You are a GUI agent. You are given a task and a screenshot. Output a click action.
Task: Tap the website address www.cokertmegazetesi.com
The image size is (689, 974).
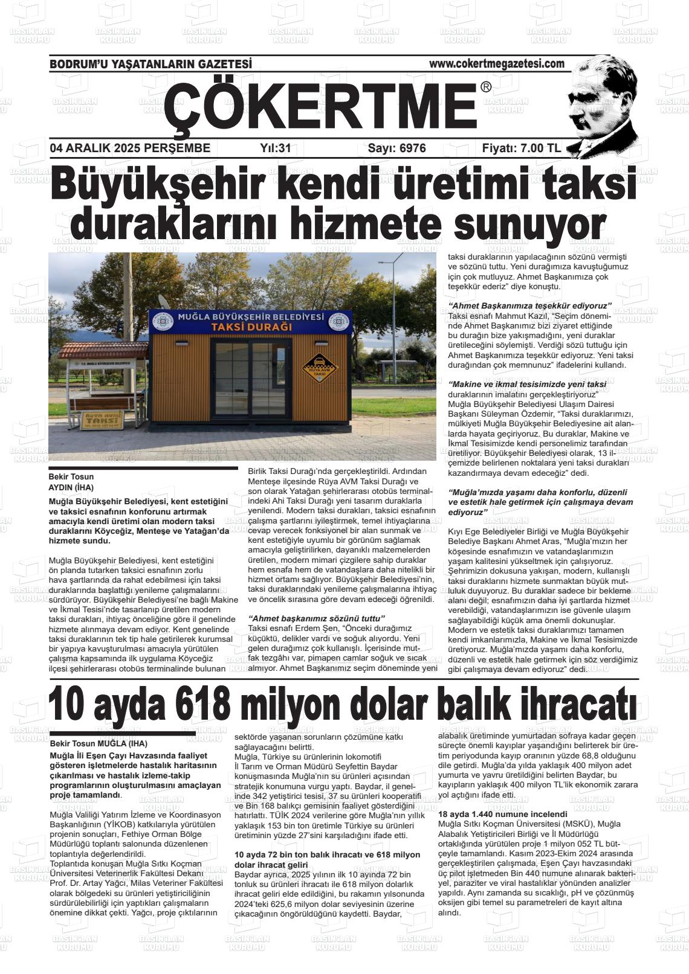coord(496,63)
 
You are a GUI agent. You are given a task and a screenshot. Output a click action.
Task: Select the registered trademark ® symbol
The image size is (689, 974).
coord(486,88)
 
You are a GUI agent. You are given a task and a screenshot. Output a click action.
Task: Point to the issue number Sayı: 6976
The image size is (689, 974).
coord(396,149)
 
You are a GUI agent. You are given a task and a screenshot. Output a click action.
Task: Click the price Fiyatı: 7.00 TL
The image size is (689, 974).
coord(522,149)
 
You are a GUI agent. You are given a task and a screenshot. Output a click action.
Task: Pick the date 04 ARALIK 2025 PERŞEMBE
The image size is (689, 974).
coord(130,149)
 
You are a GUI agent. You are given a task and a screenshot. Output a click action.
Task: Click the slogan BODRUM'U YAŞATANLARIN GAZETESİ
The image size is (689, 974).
coord(150,64)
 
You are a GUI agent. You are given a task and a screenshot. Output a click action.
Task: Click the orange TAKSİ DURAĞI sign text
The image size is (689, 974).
coord(251,327)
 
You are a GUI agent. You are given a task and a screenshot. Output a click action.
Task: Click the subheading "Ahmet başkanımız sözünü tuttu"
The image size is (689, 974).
coord(317,618)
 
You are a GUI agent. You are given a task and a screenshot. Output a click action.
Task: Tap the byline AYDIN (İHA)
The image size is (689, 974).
coord(71,487)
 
